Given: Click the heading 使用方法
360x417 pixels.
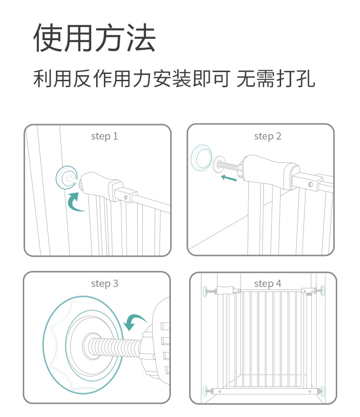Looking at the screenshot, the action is [94, 38].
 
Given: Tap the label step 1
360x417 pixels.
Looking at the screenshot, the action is [104, 136].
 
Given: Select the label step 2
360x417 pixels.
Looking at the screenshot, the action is [267, 136].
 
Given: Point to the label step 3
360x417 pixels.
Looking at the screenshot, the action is [104, 283].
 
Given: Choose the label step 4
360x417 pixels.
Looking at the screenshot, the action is [267, 283].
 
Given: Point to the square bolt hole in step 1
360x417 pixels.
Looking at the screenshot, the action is [125, 197].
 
